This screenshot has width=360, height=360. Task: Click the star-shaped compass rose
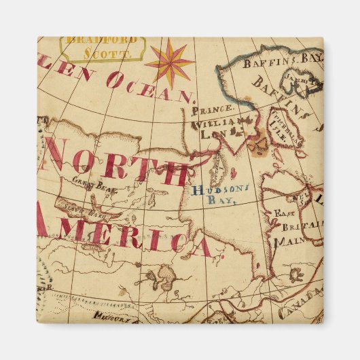170,61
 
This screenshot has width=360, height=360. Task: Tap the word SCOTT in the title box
104,52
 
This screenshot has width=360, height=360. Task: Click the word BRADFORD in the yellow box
103,40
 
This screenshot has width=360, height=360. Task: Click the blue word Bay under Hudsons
222,202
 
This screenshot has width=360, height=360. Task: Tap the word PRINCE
213,109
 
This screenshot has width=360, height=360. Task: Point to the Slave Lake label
86,211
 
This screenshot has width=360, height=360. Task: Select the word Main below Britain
285,241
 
